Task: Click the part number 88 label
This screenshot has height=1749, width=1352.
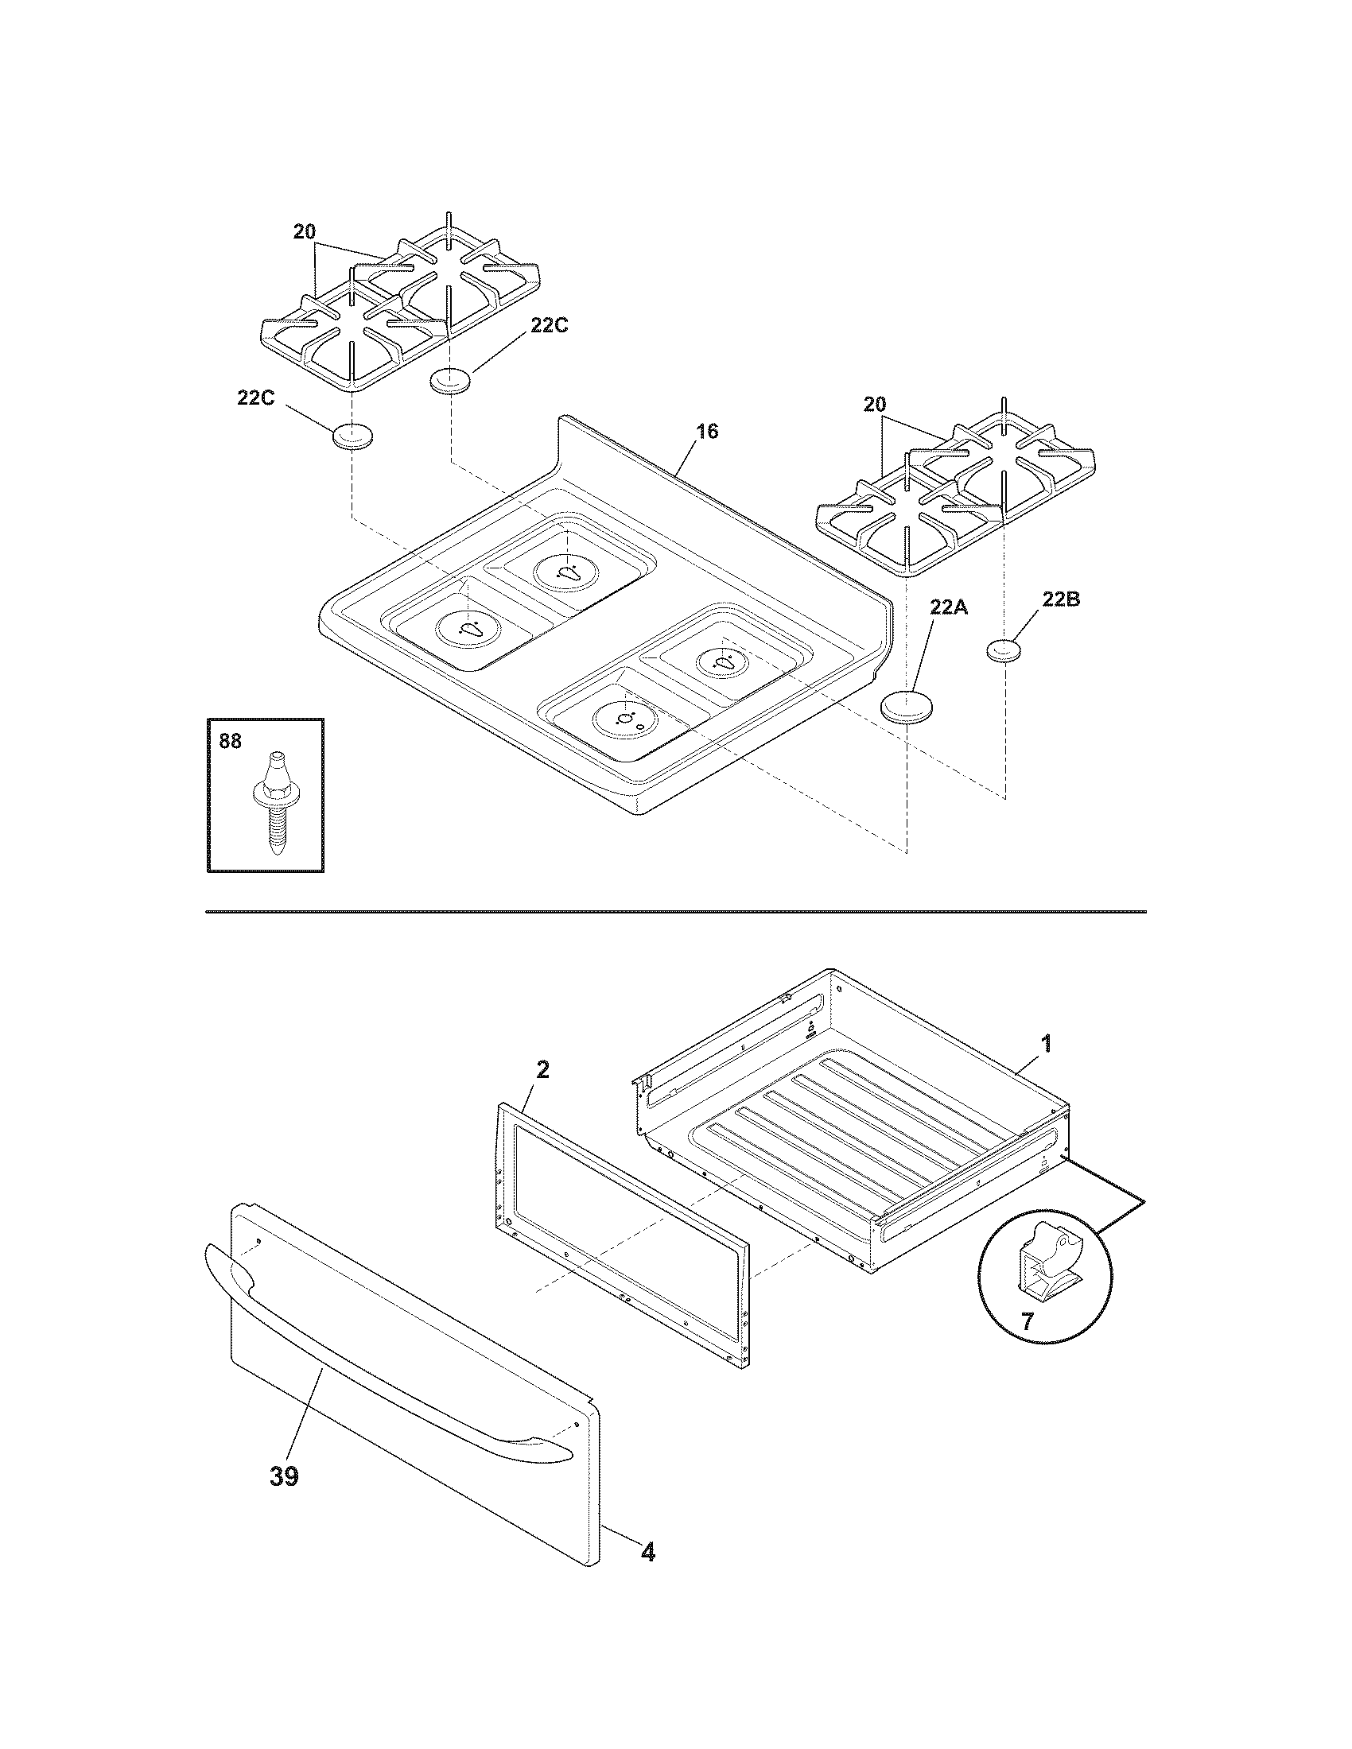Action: click(x=230, y=741)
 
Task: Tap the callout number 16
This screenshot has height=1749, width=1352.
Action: click(x=706, y=431)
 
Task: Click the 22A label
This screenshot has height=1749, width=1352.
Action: click(x=948, y=608)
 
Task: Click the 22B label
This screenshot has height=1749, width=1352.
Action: click(x=1060, y=599)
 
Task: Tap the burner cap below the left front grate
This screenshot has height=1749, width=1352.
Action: click(x=353, y=437)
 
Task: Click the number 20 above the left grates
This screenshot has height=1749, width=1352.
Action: click(x=304, y=232)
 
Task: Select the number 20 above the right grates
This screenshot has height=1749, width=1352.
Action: click(x=875, y=405)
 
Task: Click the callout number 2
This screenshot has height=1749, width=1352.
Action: click(x=542, y=1070)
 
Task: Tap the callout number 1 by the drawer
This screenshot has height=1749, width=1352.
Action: click(x=1046, y=1044)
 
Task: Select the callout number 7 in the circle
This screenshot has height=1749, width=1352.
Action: click(x=1028, y=1320)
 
